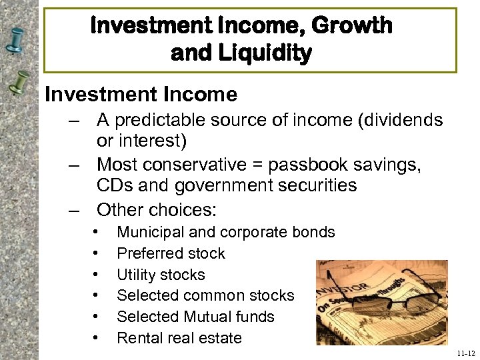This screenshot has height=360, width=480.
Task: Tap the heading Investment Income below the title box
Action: (x=141, y=95)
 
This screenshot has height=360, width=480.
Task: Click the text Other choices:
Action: (x=157, y=209)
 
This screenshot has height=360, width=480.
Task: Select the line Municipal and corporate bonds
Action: (x=225, y=232)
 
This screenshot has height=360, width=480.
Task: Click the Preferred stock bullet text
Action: (x=171, y=253)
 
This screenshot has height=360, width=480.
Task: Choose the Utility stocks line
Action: (x=161, y=275)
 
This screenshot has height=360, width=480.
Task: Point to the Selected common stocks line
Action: (x=205, y=295)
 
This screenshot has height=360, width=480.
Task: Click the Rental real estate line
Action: (x=179, y=338)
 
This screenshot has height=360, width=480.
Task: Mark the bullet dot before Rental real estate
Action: (x=97, y=338)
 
